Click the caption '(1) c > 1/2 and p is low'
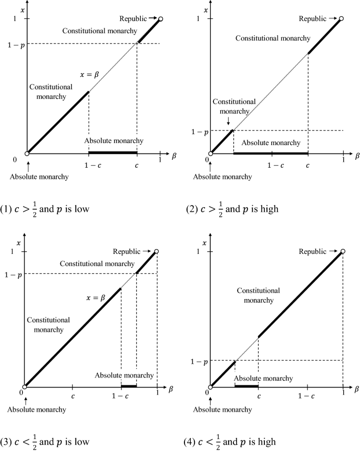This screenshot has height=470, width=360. (x=50, y=209)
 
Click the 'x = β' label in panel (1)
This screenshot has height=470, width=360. (x=88, y=75)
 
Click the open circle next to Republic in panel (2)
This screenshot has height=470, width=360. (x=341, y=19)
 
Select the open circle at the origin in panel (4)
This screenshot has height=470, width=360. (x=210, y=386)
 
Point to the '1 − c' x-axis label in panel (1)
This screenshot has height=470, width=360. (x=88, y=165)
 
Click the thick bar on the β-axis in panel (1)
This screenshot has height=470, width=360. (x=112, y=153)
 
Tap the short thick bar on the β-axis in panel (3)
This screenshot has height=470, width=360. (x=129, y=386)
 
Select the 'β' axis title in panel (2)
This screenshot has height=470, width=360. (x=356, y=156)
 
